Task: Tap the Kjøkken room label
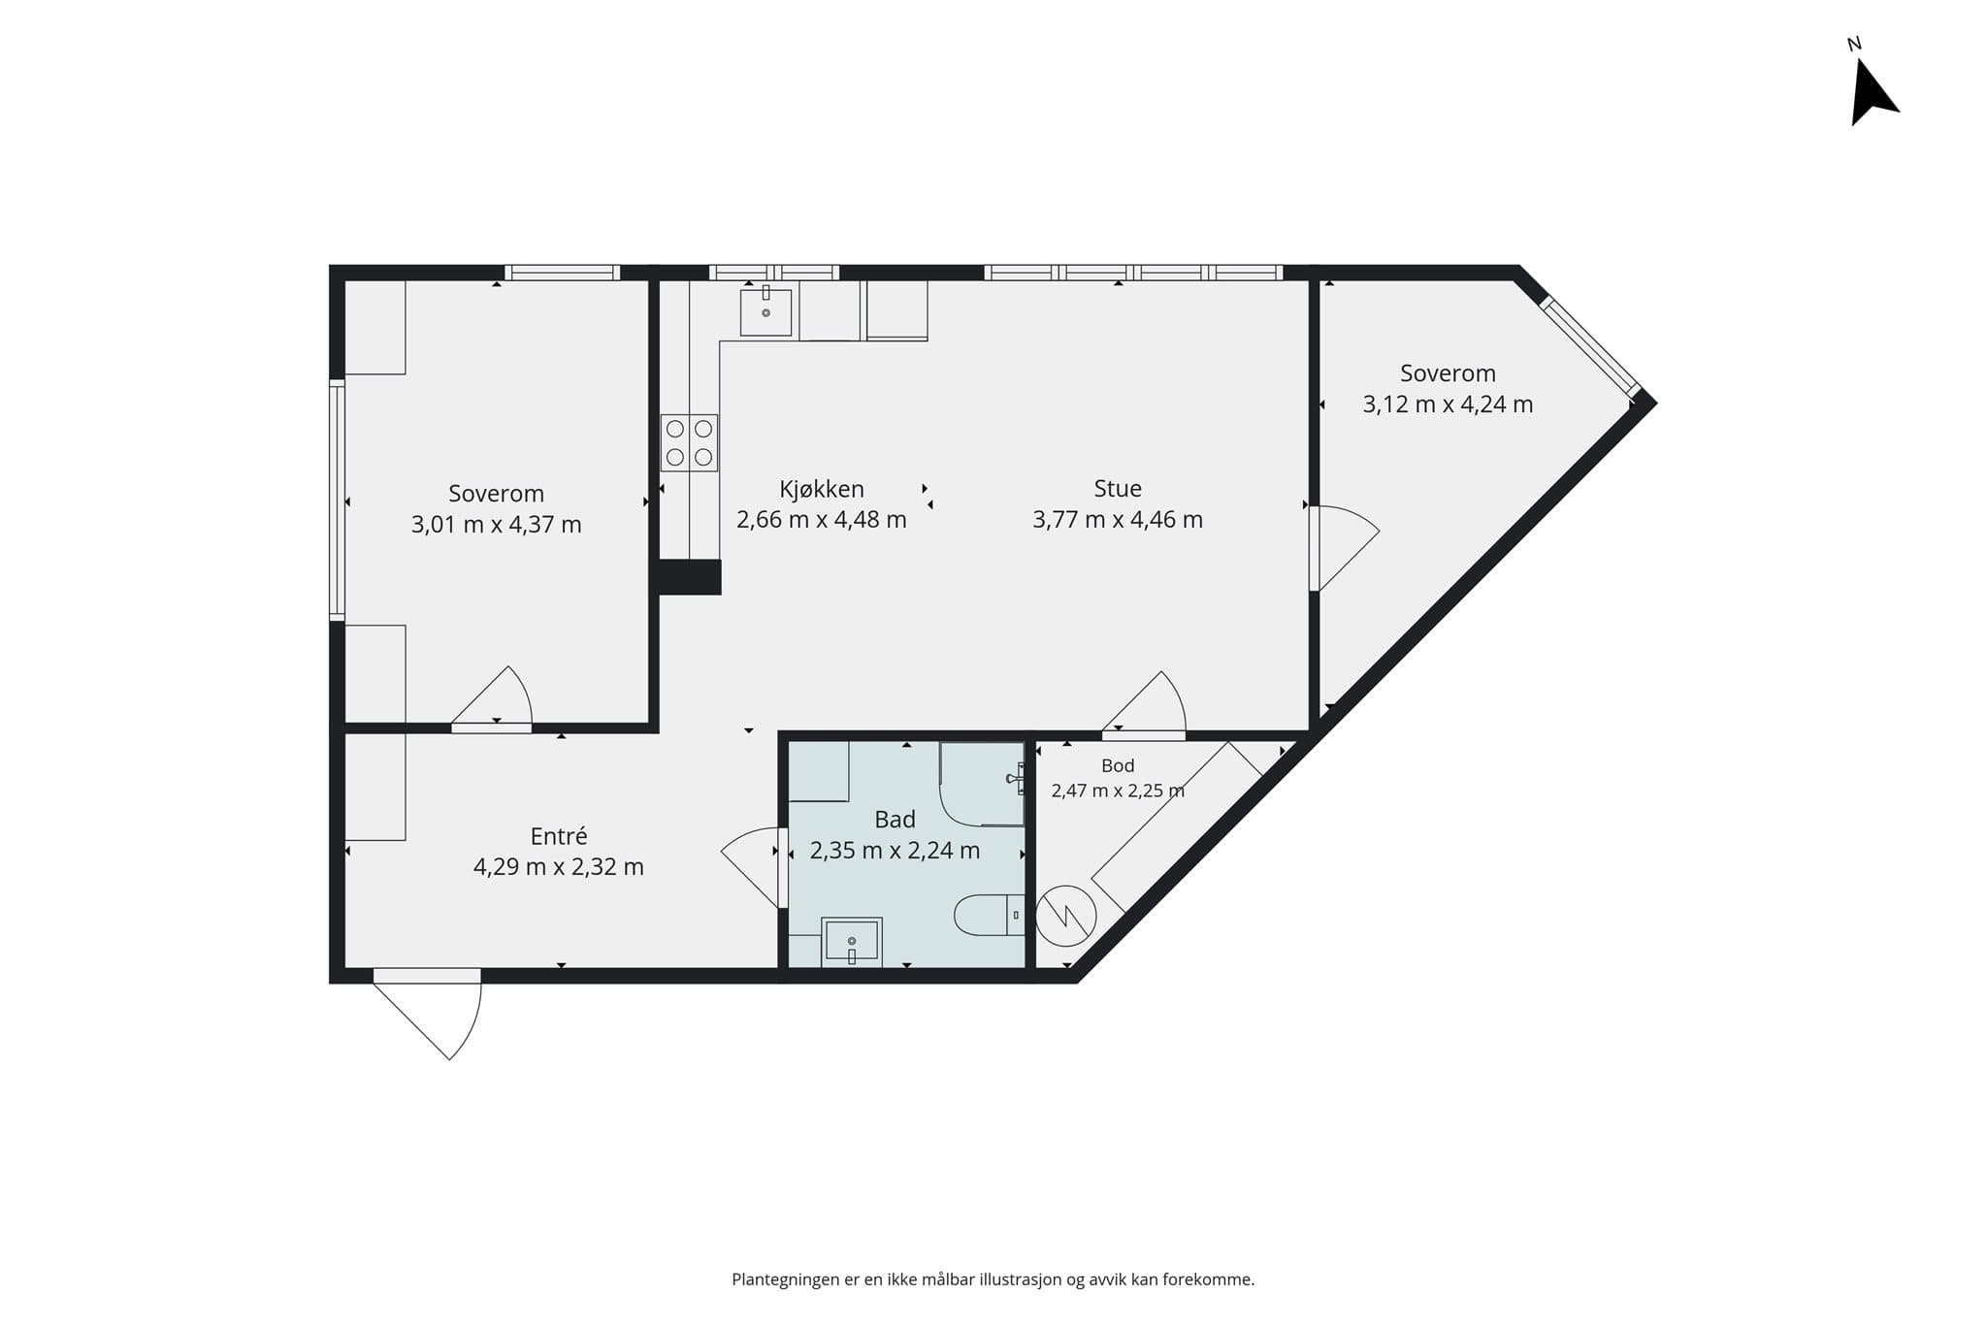point(822,490)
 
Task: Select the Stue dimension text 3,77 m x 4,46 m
point(1118,520)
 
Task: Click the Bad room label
point(895,820)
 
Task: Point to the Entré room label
point(559,836)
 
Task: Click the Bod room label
point(1118,766)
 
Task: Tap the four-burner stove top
point(690,443)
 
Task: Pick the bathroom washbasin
point(852,942)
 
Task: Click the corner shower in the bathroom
point(982,784)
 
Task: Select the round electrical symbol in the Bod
point(1066,916)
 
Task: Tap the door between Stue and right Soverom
point(1344,548)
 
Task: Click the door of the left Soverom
point(492,698)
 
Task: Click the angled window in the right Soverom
point(1590,347)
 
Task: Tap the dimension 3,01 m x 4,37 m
point(497,525)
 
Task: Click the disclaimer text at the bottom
point(993,1280)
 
